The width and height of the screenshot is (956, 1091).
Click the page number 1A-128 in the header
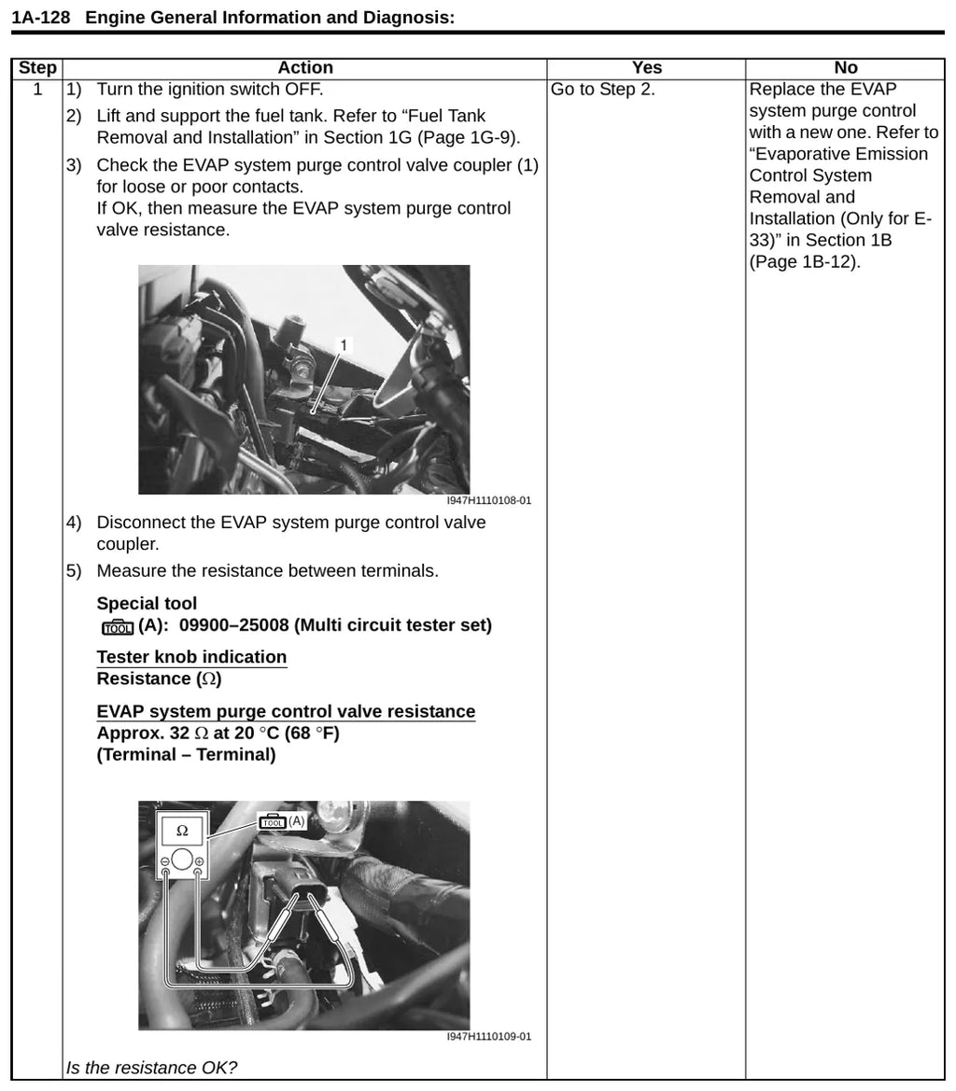41,18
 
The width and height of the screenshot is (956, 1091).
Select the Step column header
37,67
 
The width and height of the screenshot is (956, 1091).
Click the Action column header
304,67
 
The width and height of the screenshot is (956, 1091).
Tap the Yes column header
646,67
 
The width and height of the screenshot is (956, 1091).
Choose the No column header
846,67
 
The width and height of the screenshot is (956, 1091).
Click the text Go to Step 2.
602,90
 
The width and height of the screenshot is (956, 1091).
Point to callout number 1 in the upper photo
343,345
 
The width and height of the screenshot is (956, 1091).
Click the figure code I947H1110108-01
488,500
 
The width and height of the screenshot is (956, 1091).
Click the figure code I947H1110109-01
488,1036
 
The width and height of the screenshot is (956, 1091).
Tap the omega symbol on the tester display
182,831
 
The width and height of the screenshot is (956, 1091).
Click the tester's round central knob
182,860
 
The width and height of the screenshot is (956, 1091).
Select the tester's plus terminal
199,862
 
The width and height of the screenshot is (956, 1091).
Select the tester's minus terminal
165,862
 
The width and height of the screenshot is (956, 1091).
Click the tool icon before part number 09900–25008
117,627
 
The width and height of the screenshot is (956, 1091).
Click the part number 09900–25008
233,624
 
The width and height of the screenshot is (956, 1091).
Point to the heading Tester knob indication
191,657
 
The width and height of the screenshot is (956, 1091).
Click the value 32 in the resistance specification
179,734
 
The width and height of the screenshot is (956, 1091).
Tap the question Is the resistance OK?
151,1068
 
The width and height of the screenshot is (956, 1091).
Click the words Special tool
147,603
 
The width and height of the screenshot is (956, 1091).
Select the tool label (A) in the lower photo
296,821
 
